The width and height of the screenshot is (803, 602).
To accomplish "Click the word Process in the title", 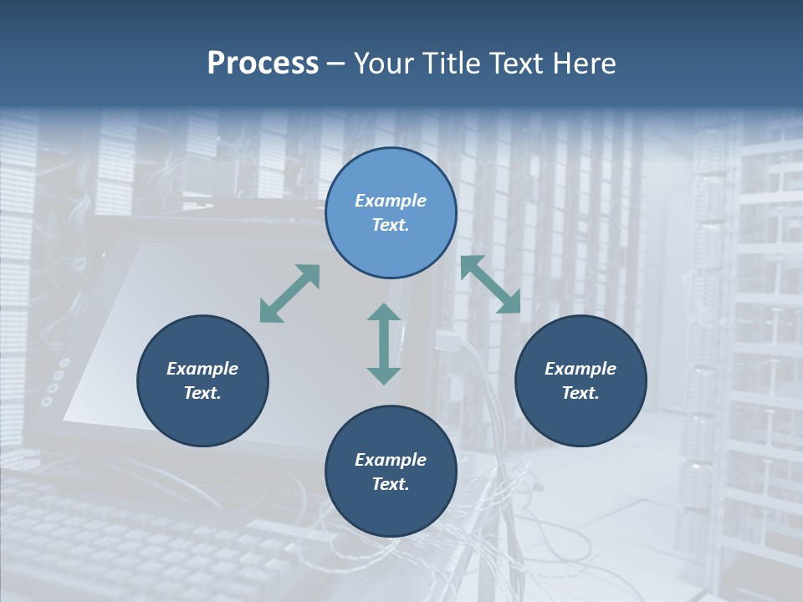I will (x=263, y=64).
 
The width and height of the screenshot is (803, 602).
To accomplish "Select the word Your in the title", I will (x=385, y=64).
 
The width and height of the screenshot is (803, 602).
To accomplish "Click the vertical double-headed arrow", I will (x=384, y=344).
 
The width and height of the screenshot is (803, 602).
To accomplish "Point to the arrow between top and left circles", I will (x=289, y=293).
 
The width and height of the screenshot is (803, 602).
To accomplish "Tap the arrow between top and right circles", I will (x=491, y=284).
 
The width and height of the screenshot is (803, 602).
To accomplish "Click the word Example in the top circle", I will (x=391, y=201).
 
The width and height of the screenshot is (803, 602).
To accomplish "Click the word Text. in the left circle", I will (x=202, y=393).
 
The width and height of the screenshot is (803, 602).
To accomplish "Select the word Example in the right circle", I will (x=581, y=369).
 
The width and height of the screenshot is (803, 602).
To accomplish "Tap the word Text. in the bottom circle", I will (x=391, y=484).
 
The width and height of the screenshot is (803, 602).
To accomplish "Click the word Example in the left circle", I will (x=202, y=369).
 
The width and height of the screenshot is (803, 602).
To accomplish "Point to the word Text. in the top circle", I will (x=391, y=225).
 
